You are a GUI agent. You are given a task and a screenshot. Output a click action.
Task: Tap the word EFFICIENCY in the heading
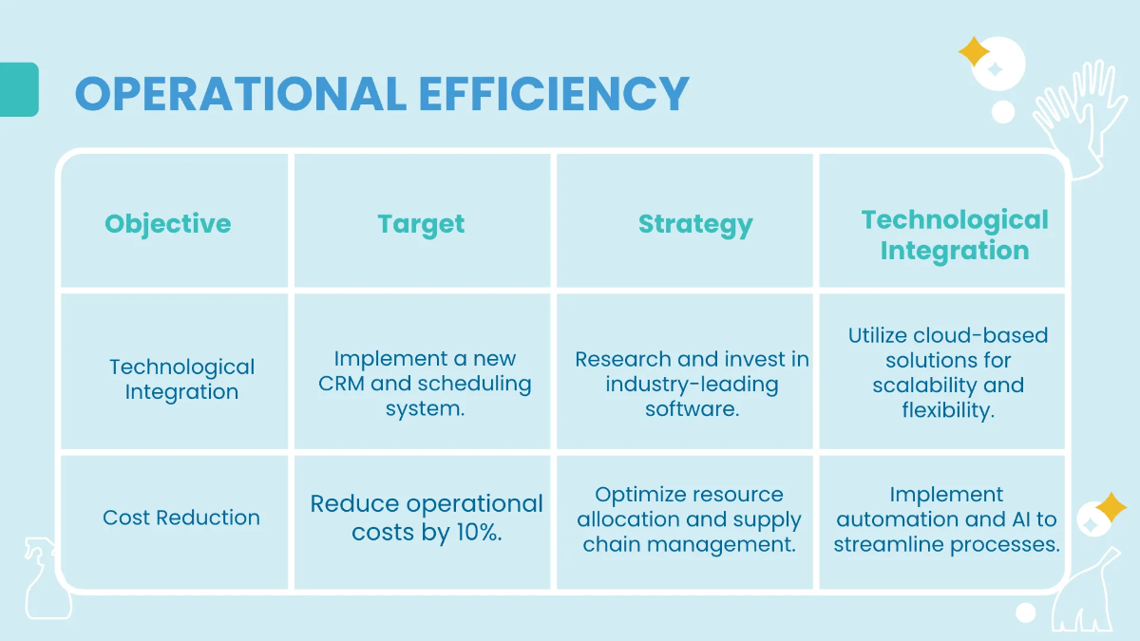[x=554, y=93]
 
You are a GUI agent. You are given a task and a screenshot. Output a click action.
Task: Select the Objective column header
[x=168, y=224]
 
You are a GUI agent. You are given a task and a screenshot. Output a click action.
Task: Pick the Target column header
[x=421, y=224]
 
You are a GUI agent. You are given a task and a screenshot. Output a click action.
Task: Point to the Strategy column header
[x=695, y=225]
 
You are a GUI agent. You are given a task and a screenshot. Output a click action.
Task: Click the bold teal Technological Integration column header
[x=954, y=236]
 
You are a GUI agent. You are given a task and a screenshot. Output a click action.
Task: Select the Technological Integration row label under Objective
[x=181, y=379]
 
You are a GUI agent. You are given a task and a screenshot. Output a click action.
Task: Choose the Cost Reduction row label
[x=181, y=518]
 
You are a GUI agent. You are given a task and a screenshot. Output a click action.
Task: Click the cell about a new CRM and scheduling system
[x=425, y=384]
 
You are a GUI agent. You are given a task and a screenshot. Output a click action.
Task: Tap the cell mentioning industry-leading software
[x=692, y=384]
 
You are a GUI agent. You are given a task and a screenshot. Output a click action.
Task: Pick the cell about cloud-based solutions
[x=948, y=372]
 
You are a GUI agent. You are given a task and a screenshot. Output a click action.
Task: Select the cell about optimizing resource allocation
[x=690, y=519]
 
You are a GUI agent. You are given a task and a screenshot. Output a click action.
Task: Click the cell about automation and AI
[x=946, y=519]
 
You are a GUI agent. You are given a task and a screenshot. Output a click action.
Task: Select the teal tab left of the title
[x=19, y=90]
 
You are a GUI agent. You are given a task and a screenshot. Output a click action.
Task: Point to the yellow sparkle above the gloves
[x=974, y=51]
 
